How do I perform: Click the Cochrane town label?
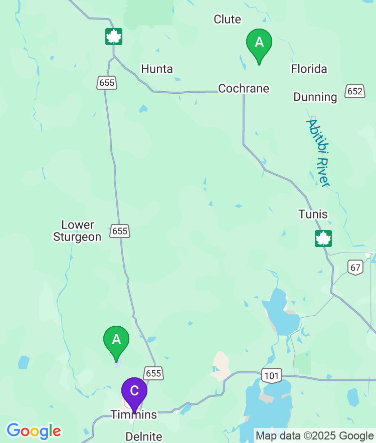[244, 89]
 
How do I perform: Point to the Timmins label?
[134, 415]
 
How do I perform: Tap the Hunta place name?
[157, 69]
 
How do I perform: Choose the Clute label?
[227, 20]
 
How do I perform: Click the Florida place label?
[309, 69]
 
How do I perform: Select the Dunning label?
[315, 97]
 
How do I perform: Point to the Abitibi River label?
[318, 153]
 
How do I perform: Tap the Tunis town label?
[313, 214]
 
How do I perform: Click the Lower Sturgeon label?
[77, 231]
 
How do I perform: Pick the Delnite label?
[144, 436]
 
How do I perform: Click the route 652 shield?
[354, 91]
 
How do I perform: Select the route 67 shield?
[355, 268]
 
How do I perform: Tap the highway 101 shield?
[271, 375]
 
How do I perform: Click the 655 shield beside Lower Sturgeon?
[120, 231]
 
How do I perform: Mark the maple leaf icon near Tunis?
[323, 239]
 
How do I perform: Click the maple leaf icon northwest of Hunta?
[114, 37]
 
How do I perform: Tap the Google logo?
[34, 431]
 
